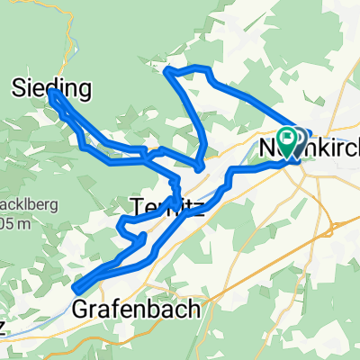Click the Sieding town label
(x=52, y=88)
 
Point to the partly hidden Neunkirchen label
(x=310, y=144)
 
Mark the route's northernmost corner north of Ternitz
(x=167, y=69)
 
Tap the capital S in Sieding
(x=21, y=88)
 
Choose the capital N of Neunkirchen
(x=267, y=144)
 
